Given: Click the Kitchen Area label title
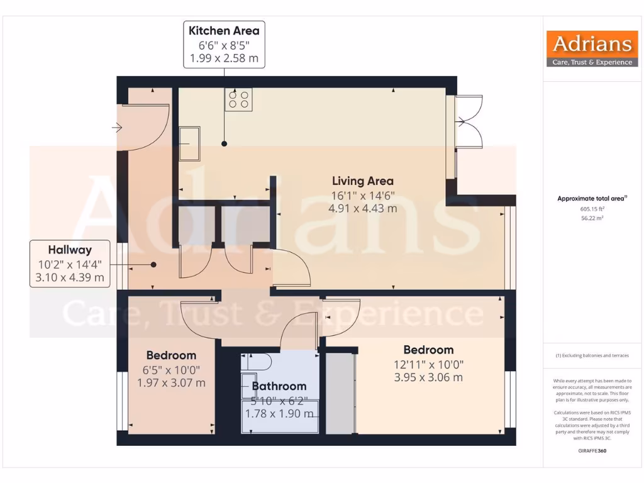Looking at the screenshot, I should [x=224, y=30].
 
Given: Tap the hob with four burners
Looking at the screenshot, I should [x=239, y=99].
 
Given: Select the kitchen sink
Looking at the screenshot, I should [x=189, y=143].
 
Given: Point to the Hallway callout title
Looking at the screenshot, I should [x=70, y=250].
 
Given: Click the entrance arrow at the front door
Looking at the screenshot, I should [x=117, y=128].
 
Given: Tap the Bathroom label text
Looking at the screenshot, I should [x=279, y=386].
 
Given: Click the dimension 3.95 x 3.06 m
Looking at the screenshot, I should [x=428, y=377].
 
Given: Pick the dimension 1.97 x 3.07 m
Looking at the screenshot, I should [x=171, y=382].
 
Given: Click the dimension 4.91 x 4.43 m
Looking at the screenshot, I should [x=363, y=208].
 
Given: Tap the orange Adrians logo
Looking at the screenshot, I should [x=592, y=49].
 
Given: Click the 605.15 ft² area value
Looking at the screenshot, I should [x=592, y=209].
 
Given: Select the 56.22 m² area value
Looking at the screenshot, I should [x=592, y=218].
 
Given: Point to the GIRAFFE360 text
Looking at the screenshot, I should [x=592, y=451].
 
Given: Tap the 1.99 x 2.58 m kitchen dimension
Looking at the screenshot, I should [x=224, y=58].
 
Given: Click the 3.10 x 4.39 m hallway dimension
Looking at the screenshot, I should [x=70, y=277].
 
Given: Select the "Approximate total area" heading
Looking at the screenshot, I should [x=592, y=199].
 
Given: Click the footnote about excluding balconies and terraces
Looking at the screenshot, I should [x=592, y=356].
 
